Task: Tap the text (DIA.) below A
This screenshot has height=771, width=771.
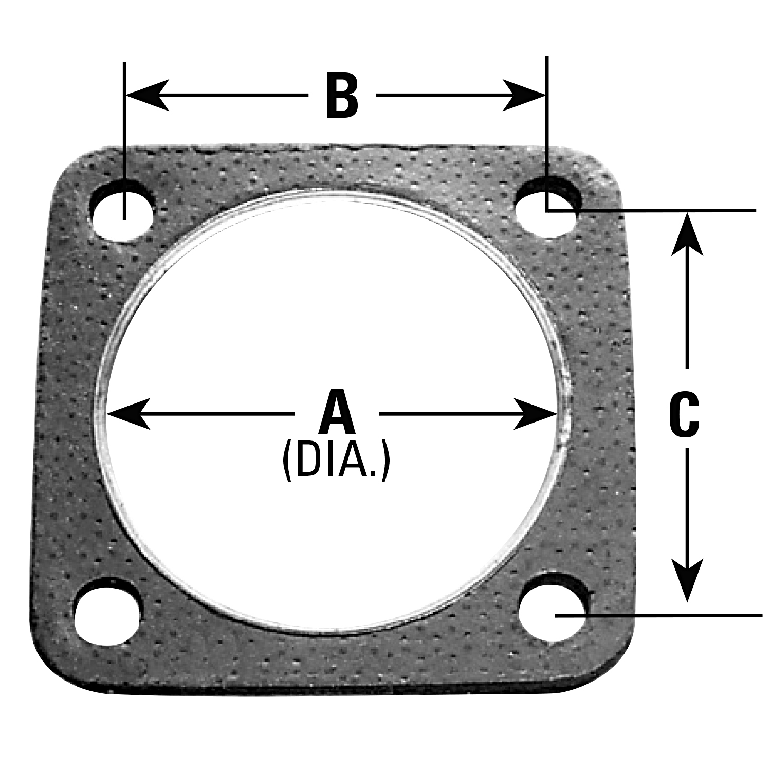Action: click(x=337, y=462)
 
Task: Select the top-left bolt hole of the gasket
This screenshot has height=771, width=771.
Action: click(x=122, y=211)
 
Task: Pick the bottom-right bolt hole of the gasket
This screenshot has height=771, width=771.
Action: click(x=553, y=607)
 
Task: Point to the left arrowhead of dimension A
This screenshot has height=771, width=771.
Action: click(x=128, y=413)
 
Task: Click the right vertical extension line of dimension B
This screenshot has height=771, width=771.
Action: click(x=547, y=118)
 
